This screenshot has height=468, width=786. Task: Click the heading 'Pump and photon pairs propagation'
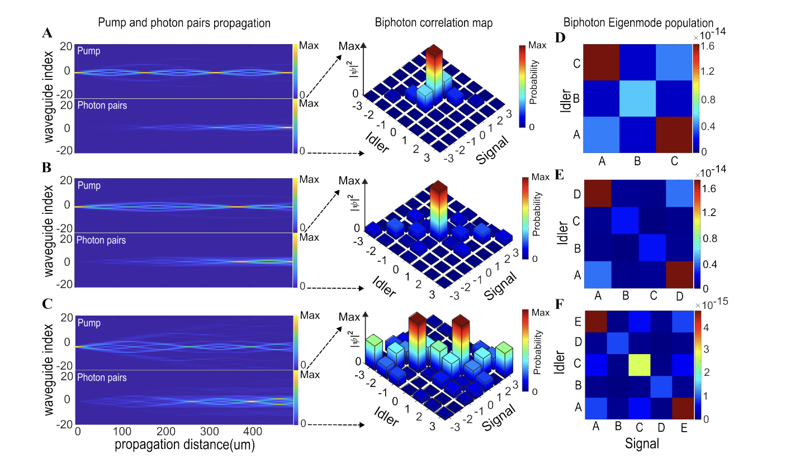(184, 23)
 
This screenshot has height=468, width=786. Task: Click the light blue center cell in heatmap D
(638, 98)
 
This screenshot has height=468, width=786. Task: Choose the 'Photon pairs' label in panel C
(102, 378)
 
